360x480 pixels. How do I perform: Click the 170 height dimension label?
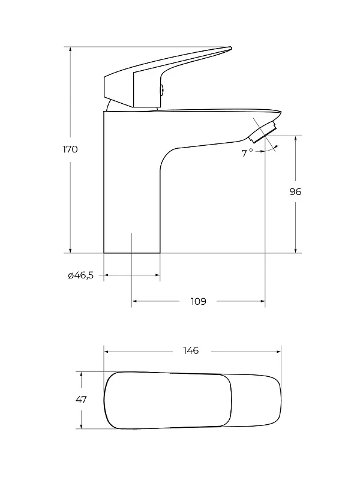(70, 149)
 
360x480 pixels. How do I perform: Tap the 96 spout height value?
(295, 191)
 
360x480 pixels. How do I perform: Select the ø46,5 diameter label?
(81, 275)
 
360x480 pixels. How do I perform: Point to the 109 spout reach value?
(199, 302)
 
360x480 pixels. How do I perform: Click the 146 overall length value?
(191, 350)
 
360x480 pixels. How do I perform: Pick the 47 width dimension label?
(81, 399)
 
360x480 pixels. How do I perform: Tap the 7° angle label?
(247, 153)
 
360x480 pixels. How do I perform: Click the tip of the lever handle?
(230, 48)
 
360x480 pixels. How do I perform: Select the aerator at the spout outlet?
(263, 132)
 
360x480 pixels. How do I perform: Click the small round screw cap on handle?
(162, 89)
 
